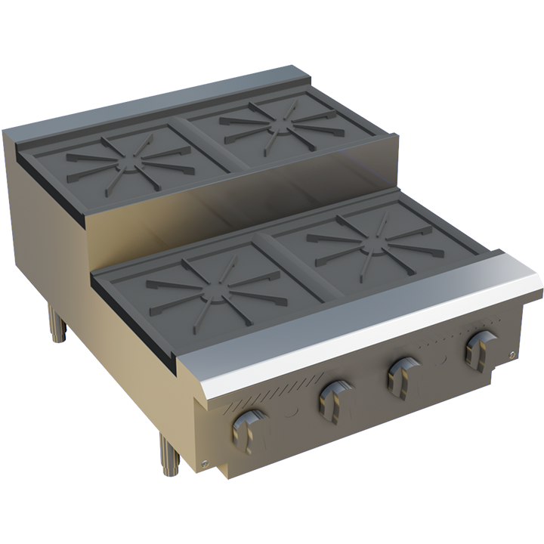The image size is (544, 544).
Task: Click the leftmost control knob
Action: [249, 430]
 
